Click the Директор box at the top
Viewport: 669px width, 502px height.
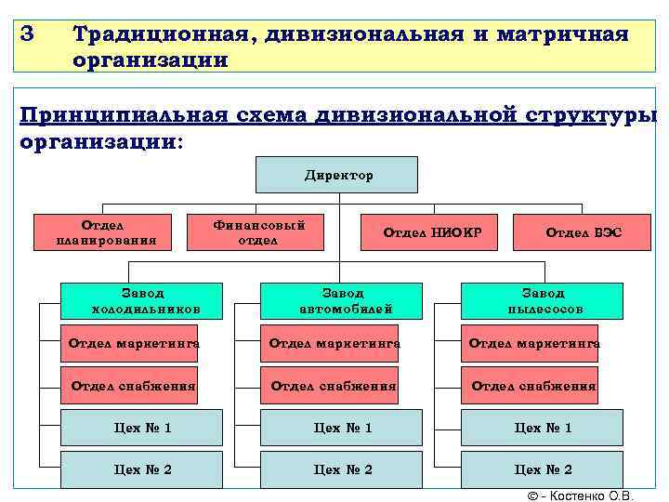[x=337, y=175]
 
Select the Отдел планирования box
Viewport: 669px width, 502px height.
[x=107, y=232]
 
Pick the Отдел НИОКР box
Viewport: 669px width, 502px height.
[x=432, y=232]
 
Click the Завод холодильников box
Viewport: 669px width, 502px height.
[x=143, y=300]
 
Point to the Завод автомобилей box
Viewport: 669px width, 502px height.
[x=345, y=300]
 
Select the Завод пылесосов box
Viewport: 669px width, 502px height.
[x=544, y=300]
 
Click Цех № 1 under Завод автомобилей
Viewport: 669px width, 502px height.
[x=343, y=428]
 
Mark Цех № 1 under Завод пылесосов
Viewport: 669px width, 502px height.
[x=543, y=428]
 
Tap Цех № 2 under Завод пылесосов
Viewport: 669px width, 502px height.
[x=543, y=469]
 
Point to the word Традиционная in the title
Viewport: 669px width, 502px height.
[x=158, y=34]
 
